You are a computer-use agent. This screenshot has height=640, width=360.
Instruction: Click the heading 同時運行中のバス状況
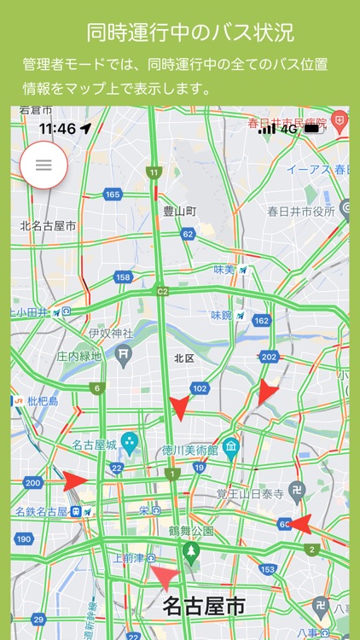pos(190,32)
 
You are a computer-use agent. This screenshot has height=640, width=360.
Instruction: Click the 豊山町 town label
pos(180,210)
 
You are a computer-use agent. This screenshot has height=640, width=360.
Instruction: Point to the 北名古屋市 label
pos(48,226)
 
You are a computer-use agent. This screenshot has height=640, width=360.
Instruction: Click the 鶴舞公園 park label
pos(192,531)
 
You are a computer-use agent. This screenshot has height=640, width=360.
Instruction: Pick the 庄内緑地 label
pos(79,356)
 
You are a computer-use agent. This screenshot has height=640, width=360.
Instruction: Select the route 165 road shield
pos(113,195)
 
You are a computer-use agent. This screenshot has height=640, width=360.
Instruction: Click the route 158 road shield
pos(123,277)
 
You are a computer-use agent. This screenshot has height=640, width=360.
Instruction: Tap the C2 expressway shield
pos(162,291)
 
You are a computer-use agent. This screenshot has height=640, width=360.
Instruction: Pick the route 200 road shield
pos(32,483)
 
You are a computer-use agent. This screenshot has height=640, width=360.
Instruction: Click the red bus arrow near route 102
pos(179,407)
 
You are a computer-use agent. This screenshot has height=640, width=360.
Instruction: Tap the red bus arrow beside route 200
pos(75,480)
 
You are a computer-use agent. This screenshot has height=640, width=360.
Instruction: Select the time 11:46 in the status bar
pos(57,129)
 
